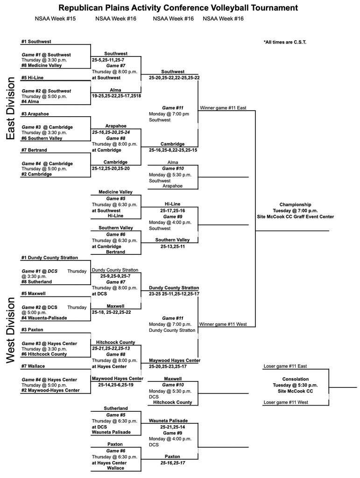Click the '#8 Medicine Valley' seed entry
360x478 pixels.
click(x=42, y=65)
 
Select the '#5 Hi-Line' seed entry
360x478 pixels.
click(x=33, y=77)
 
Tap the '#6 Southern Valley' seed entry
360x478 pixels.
click(x=42, y=138)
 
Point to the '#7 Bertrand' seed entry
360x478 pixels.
click(x=34, y=150)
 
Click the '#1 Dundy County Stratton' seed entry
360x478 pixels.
click(x=49, y=257)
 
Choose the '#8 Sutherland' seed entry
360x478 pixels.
click(x=36, y=282)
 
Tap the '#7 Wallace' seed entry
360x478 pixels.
click(x=33, y=366)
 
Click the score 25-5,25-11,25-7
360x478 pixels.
click(x=108, y=60)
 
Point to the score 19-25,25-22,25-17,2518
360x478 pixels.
click(x=116, y=96)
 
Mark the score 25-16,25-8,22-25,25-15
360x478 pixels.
click(x=173, y=150)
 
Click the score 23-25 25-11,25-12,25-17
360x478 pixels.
click(x=174, y=294)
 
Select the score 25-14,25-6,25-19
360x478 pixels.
click(x=116, y=385)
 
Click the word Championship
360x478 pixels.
click(x=295, y=204)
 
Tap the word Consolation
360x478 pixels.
click(x=295, y=379)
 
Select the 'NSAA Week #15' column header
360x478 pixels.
click(x=55, y=19)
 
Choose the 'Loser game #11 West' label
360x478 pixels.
click(x=286, y=402)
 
